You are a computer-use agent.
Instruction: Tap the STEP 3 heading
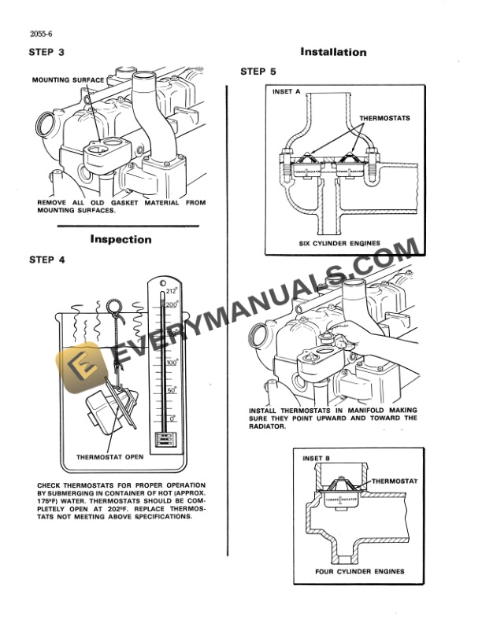click(46, 53)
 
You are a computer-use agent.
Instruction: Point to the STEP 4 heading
click(46, 258)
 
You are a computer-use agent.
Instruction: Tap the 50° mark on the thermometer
click(172, 390)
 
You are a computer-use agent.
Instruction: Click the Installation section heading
click(333, 53)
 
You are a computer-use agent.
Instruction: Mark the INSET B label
click(317, 457)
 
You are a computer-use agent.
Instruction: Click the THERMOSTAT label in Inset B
click(393, 480)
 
